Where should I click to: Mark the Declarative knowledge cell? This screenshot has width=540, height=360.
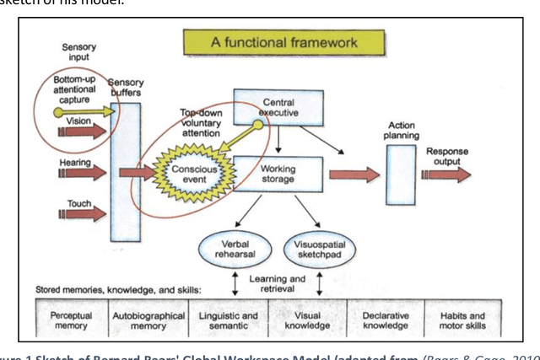tap(379, 321)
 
